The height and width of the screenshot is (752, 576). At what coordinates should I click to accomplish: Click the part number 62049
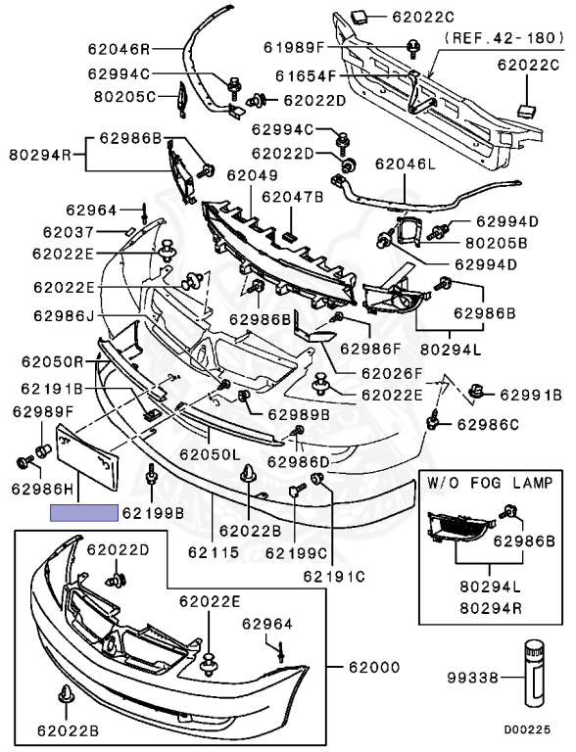(252, 175)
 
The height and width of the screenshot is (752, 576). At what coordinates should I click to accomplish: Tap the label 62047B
(292, 197)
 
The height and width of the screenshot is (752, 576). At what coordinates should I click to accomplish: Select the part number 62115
(214, 552)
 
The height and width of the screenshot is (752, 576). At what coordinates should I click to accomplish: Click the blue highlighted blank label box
(84, 513)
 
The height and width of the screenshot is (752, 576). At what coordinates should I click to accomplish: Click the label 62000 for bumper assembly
(374, 667)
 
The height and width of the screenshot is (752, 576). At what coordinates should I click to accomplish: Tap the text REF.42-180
(504, 38)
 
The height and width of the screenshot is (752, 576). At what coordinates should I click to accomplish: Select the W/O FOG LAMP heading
(490, 483)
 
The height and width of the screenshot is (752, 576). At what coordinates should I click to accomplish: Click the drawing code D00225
(527, 729)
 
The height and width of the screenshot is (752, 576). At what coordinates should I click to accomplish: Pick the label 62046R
(119, 48)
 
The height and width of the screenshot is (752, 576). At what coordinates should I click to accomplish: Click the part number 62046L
(406, 164)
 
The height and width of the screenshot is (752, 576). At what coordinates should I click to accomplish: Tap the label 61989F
(294, 47)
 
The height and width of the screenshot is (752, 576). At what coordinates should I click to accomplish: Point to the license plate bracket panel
(88, 456)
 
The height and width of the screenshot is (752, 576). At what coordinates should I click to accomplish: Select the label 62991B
(531, 396)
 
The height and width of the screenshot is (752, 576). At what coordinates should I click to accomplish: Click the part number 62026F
(392, 373)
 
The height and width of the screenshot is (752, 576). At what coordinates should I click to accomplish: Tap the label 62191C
(334, 576)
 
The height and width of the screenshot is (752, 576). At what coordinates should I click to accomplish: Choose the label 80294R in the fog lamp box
(491, 608)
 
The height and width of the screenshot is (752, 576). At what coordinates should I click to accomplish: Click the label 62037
(69, 232)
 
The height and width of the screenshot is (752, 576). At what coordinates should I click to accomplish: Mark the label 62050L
(210, 453)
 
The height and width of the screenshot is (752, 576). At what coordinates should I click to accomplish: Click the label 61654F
(307, 75)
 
